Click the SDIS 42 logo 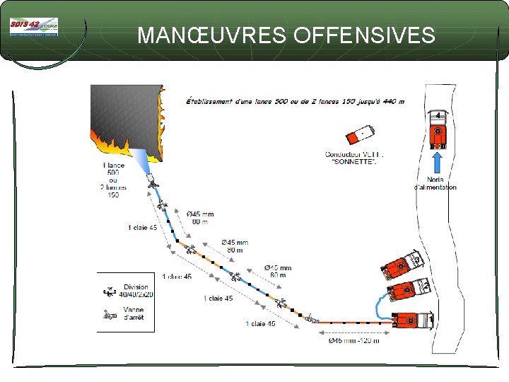pyautogui.click(x=34, y=27)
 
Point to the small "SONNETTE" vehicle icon pyautogui.click(x=361, y=136)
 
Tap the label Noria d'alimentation pyautogui.click(x=435, y=183)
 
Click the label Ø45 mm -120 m pyautogui.click(x=353, y=341)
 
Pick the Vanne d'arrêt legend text pyautogui.click(x=134, y=313)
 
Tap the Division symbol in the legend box pyautogui.click(x=109, y=291)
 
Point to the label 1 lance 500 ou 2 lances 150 pyautogui.click(x=113, y=180)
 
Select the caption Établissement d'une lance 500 pyautogui.click(x=295, y=101)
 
